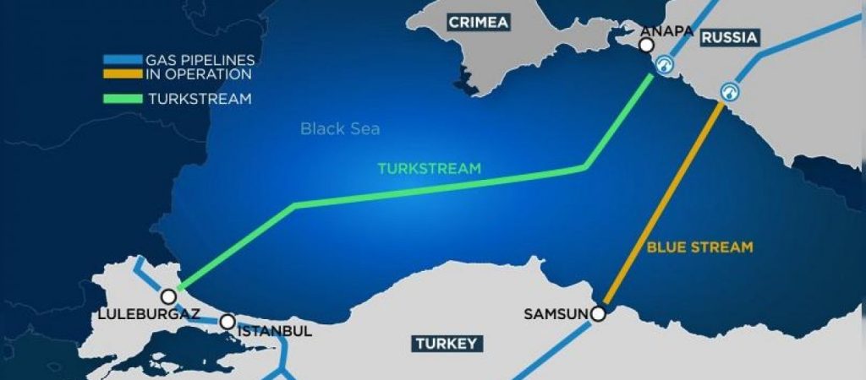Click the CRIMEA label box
[479, 22]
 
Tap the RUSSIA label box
[729, 37]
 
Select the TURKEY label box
[447, 343]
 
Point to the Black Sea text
[340, 129]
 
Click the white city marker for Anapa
[647, 45]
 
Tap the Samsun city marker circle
[599, 314]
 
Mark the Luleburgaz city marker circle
[169, 296]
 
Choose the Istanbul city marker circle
[227, 322]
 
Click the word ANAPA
[667, 31]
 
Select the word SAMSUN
[556, 314]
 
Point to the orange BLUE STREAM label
[699, 247]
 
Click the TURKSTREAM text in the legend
[200, 98]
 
